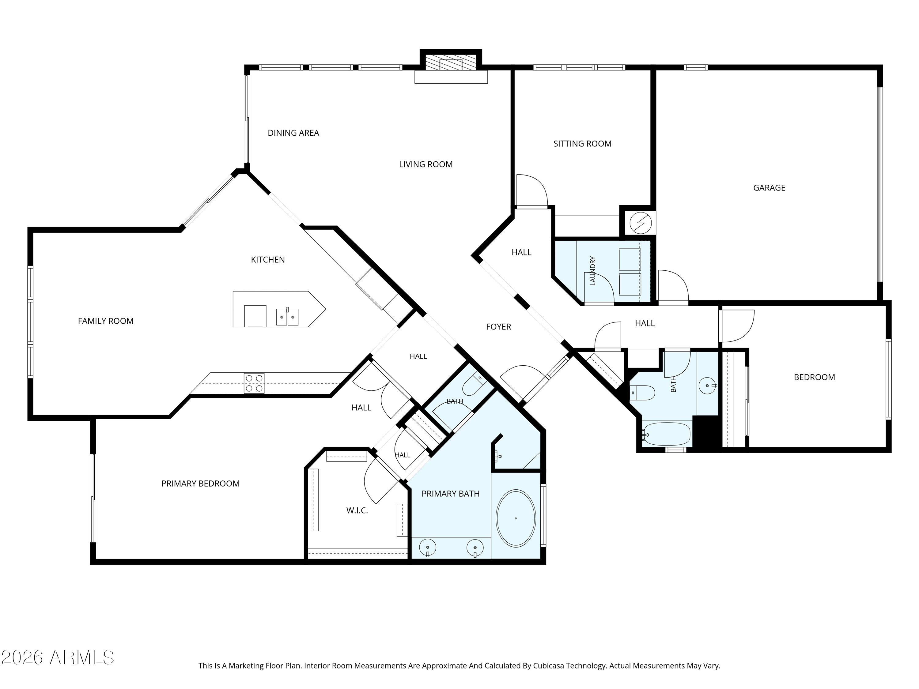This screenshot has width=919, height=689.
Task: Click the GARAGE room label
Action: (769, 188)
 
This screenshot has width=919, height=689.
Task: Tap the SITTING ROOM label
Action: (582, 144)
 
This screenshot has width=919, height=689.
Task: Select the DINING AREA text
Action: (293, 133)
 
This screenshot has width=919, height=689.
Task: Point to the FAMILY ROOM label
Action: (105, 321)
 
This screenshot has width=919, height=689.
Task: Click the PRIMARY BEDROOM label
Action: (200, 484)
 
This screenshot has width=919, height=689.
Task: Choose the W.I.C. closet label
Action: (357, 510)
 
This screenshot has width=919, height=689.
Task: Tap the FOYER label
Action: (498, 327)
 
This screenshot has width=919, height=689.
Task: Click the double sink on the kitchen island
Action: (287, 316)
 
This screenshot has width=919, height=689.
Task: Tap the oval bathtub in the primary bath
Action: (516, 518)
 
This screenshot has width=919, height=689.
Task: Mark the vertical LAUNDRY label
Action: (593, 271)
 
